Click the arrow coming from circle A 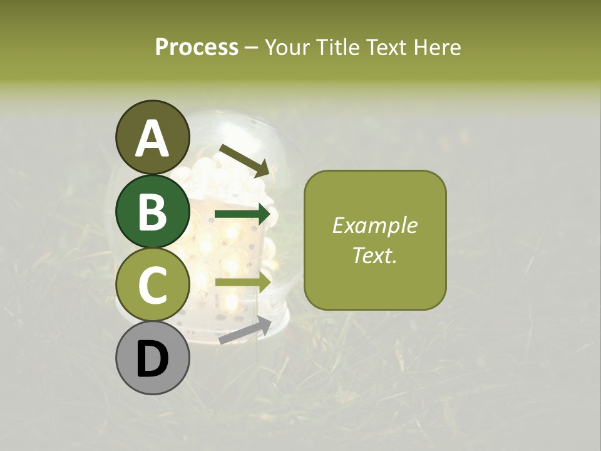(x=244, y=160)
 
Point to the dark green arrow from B (x=243, y=215)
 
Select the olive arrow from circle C (x=243, y=282)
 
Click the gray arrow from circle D (x=245, y=330)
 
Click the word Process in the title (x=197, y=47)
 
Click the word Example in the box (x=374, y=225)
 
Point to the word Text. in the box (x=374, y=255)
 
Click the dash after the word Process (x=252, y=48)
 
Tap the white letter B (x=152, y=212)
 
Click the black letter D (x=152, y=360)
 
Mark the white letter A (x=152, y=139)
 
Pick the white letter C (x=152, y=286)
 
